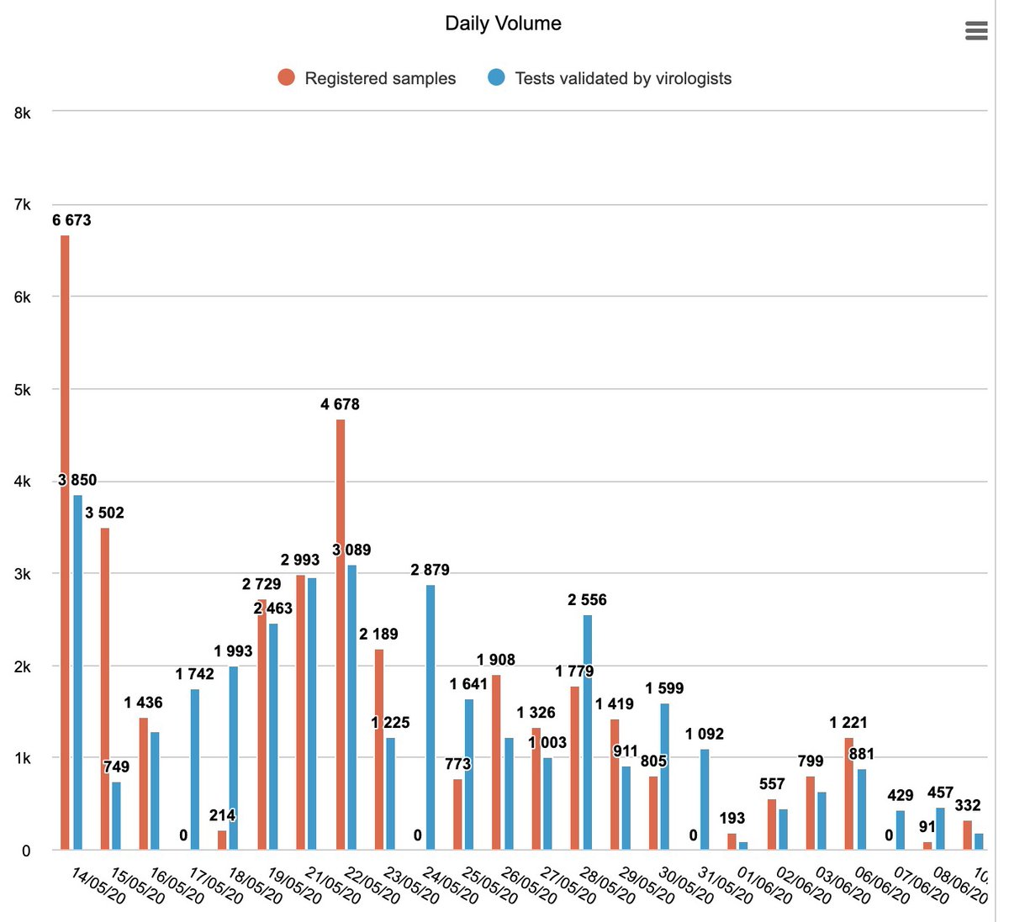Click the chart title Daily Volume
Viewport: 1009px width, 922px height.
pos(503,24)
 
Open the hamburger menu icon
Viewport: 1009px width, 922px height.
pos(976,31)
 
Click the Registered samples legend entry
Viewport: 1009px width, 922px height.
pos(367,78)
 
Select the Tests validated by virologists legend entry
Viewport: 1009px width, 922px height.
pos(610,78)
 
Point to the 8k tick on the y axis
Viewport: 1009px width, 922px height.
pos(22,113)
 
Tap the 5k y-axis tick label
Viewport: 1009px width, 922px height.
pos(22,390)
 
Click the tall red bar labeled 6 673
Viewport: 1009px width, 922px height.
pos(65,542)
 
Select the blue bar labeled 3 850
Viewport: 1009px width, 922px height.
pos(77,672)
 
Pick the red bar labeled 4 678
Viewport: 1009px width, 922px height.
pos(341,635)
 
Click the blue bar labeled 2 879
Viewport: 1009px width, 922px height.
pos(431,717)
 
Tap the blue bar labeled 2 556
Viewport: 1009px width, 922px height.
pos(588,732)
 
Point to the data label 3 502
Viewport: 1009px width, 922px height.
pos(104,513)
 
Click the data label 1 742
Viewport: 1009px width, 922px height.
pos(195,673)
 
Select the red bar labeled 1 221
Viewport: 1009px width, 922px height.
pos(849,793)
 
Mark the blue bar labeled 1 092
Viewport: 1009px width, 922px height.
pos(705,800)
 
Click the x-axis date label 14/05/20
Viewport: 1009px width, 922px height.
pos(98,886)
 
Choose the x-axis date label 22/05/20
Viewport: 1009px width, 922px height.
pos(373,886)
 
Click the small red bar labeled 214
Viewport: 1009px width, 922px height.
pos(222,840)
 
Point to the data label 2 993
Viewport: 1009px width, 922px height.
pos(300,560)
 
